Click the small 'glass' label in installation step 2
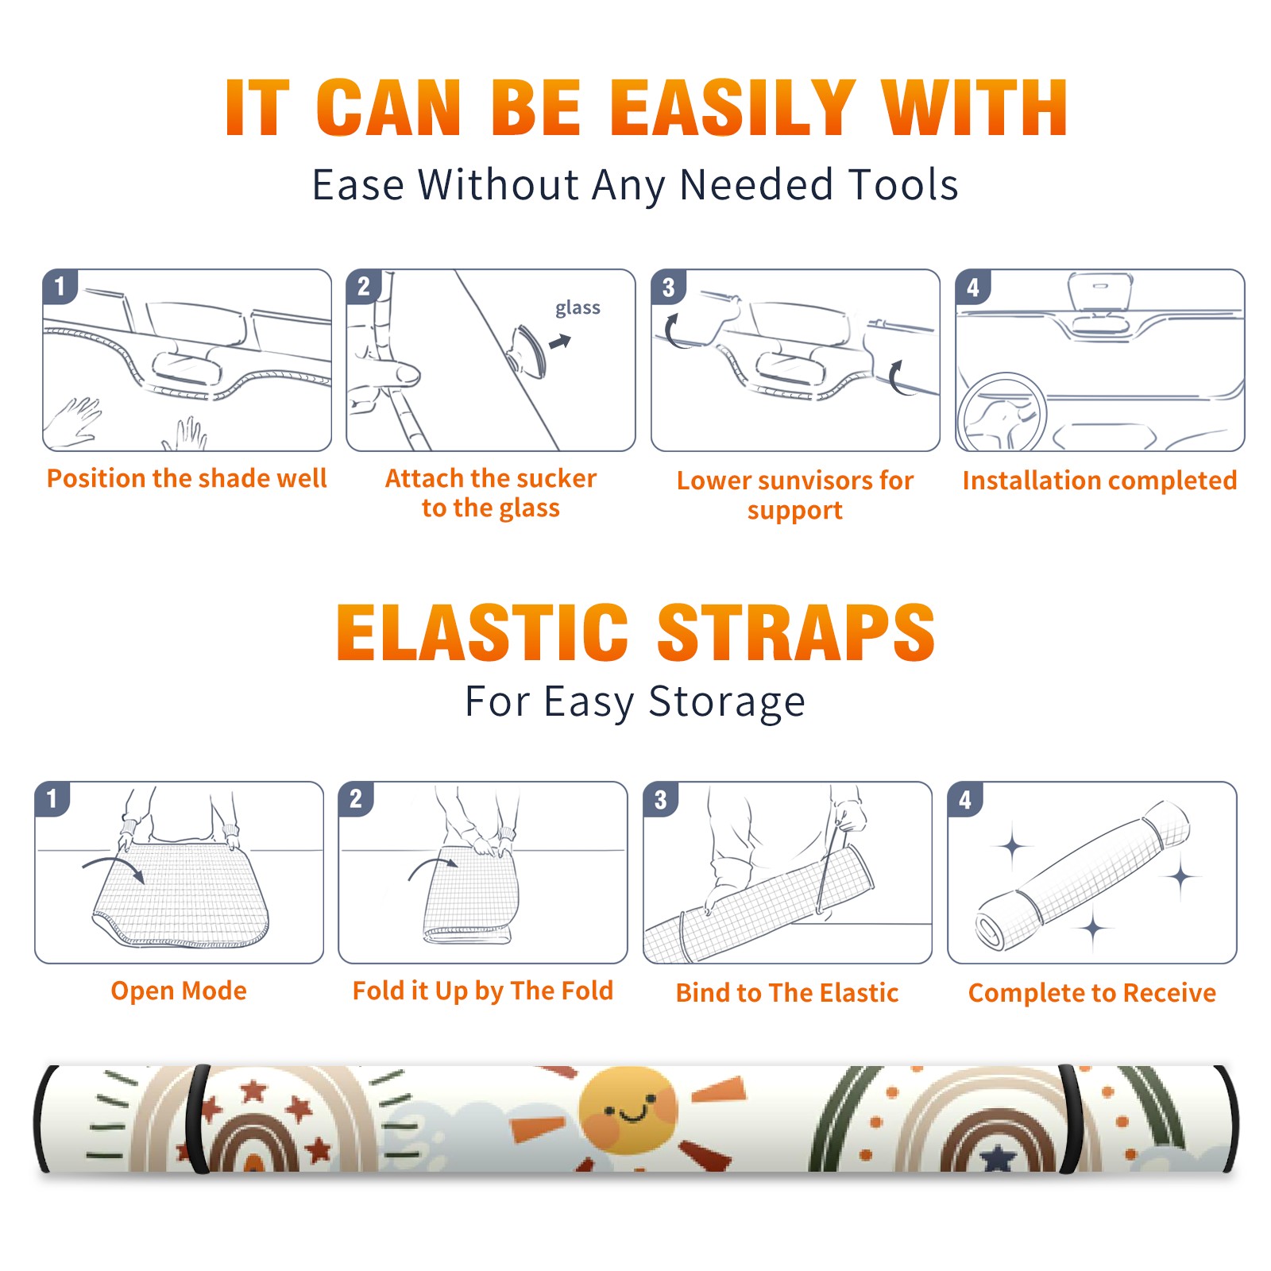(x=578, y=308)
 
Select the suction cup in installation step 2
(x=528, y=350)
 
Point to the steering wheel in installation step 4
(x=1002, y=413)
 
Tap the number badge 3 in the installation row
(x=669, y=288)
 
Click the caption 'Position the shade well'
(x=187, y=478)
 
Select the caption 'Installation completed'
(x=1099, y=481)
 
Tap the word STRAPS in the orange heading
(x=796, y=632)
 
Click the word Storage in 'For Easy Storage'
(x=727, y=702)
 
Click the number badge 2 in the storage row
(x=356, y=798)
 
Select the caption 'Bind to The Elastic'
(x=787, y=993)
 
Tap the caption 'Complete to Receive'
(x=1092, y=993)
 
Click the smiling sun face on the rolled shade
(x=627, y=1110)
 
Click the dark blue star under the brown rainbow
(x=998, y=1159)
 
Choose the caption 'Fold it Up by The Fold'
(x=483, y=991)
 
